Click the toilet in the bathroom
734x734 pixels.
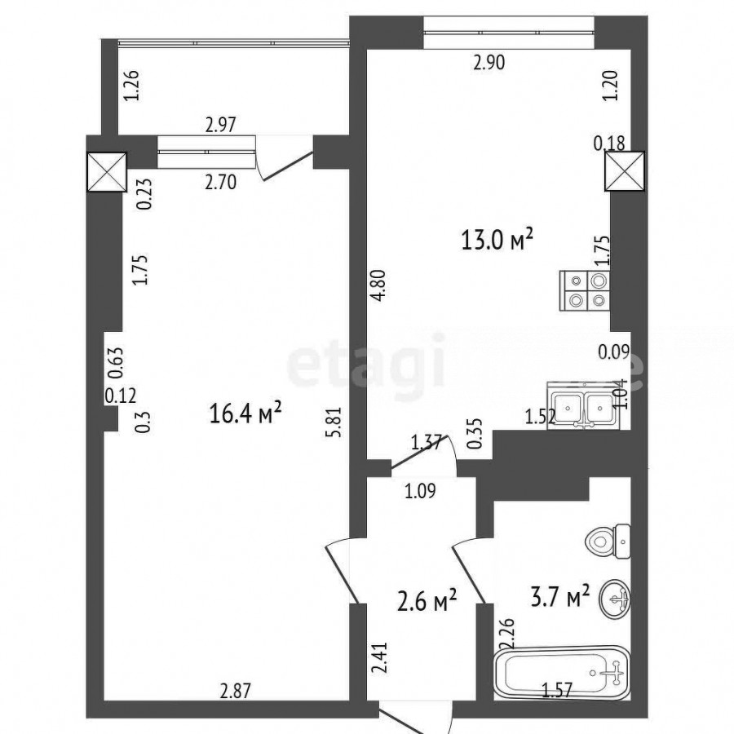608,542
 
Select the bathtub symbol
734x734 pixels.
561,673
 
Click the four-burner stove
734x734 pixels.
585,290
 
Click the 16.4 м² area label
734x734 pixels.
245,413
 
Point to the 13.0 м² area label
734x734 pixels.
497,240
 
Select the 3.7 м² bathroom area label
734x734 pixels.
559,597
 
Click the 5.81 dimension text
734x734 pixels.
336,422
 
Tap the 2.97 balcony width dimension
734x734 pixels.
221,125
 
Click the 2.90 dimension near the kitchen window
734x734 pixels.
489,63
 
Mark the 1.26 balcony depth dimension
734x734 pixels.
131,85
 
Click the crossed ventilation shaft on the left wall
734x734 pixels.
107,171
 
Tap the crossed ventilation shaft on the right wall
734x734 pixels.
625,171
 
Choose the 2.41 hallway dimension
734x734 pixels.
381,657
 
